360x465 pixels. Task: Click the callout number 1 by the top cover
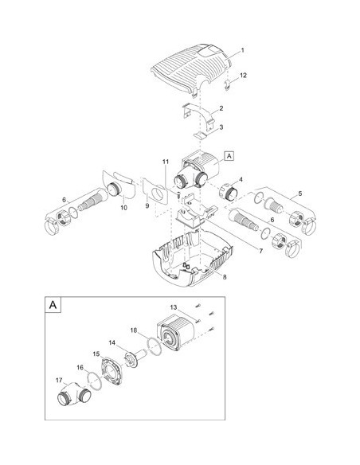click(242, 50)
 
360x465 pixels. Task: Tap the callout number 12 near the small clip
click(243, 76)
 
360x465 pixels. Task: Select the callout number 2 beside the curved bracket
click(221, 108)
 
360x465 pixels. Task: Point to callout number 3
click(221, 127)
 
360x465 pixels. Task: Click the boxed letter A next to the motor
click(229, 156)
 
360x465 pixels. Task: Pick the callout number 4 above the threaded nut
click(241, 180)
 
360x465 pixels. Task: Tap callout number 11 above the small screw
click(166, 162)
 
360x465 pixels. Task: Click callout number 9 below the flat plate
click(147, 205)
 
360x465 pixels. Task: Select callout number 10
click(123, 208)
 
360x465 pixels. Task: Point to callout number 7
click(260, 251)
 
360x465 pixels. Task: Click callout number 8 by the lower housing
click(225, 277)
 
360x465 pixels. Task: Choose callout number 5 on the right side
click(300, 193)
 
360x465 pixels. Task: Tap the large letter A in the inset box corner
click(53, 305)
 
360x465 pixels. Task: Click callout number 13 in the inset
click(174, 307)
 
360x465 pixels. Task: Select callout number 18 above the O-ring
click(134, 330)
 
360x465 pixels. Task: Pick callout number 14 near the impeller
click(112, 343)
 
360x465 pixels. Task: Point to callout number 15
click(96, 354)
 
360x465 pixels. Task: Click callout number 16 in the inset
click(80, 368)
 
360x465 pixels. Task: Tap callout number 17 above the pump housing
click(59, 380)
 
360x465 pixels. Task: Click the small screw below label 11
click(179, 194)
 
